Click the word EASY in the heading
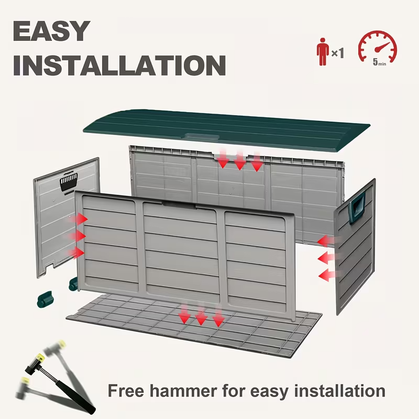click(51, 31)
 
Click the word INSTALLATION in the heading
click(119, 65)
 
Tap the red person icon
click(323, 51)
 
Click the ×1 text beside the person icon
click(338, 53)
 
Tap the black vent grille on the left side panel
click(69, 181)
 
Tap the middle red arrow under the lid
click(240, 160)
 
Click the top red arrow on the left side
click(80, 218)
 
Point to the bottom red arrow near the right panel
click(327, 274)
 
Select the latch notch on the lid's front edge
click(203, 137)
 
